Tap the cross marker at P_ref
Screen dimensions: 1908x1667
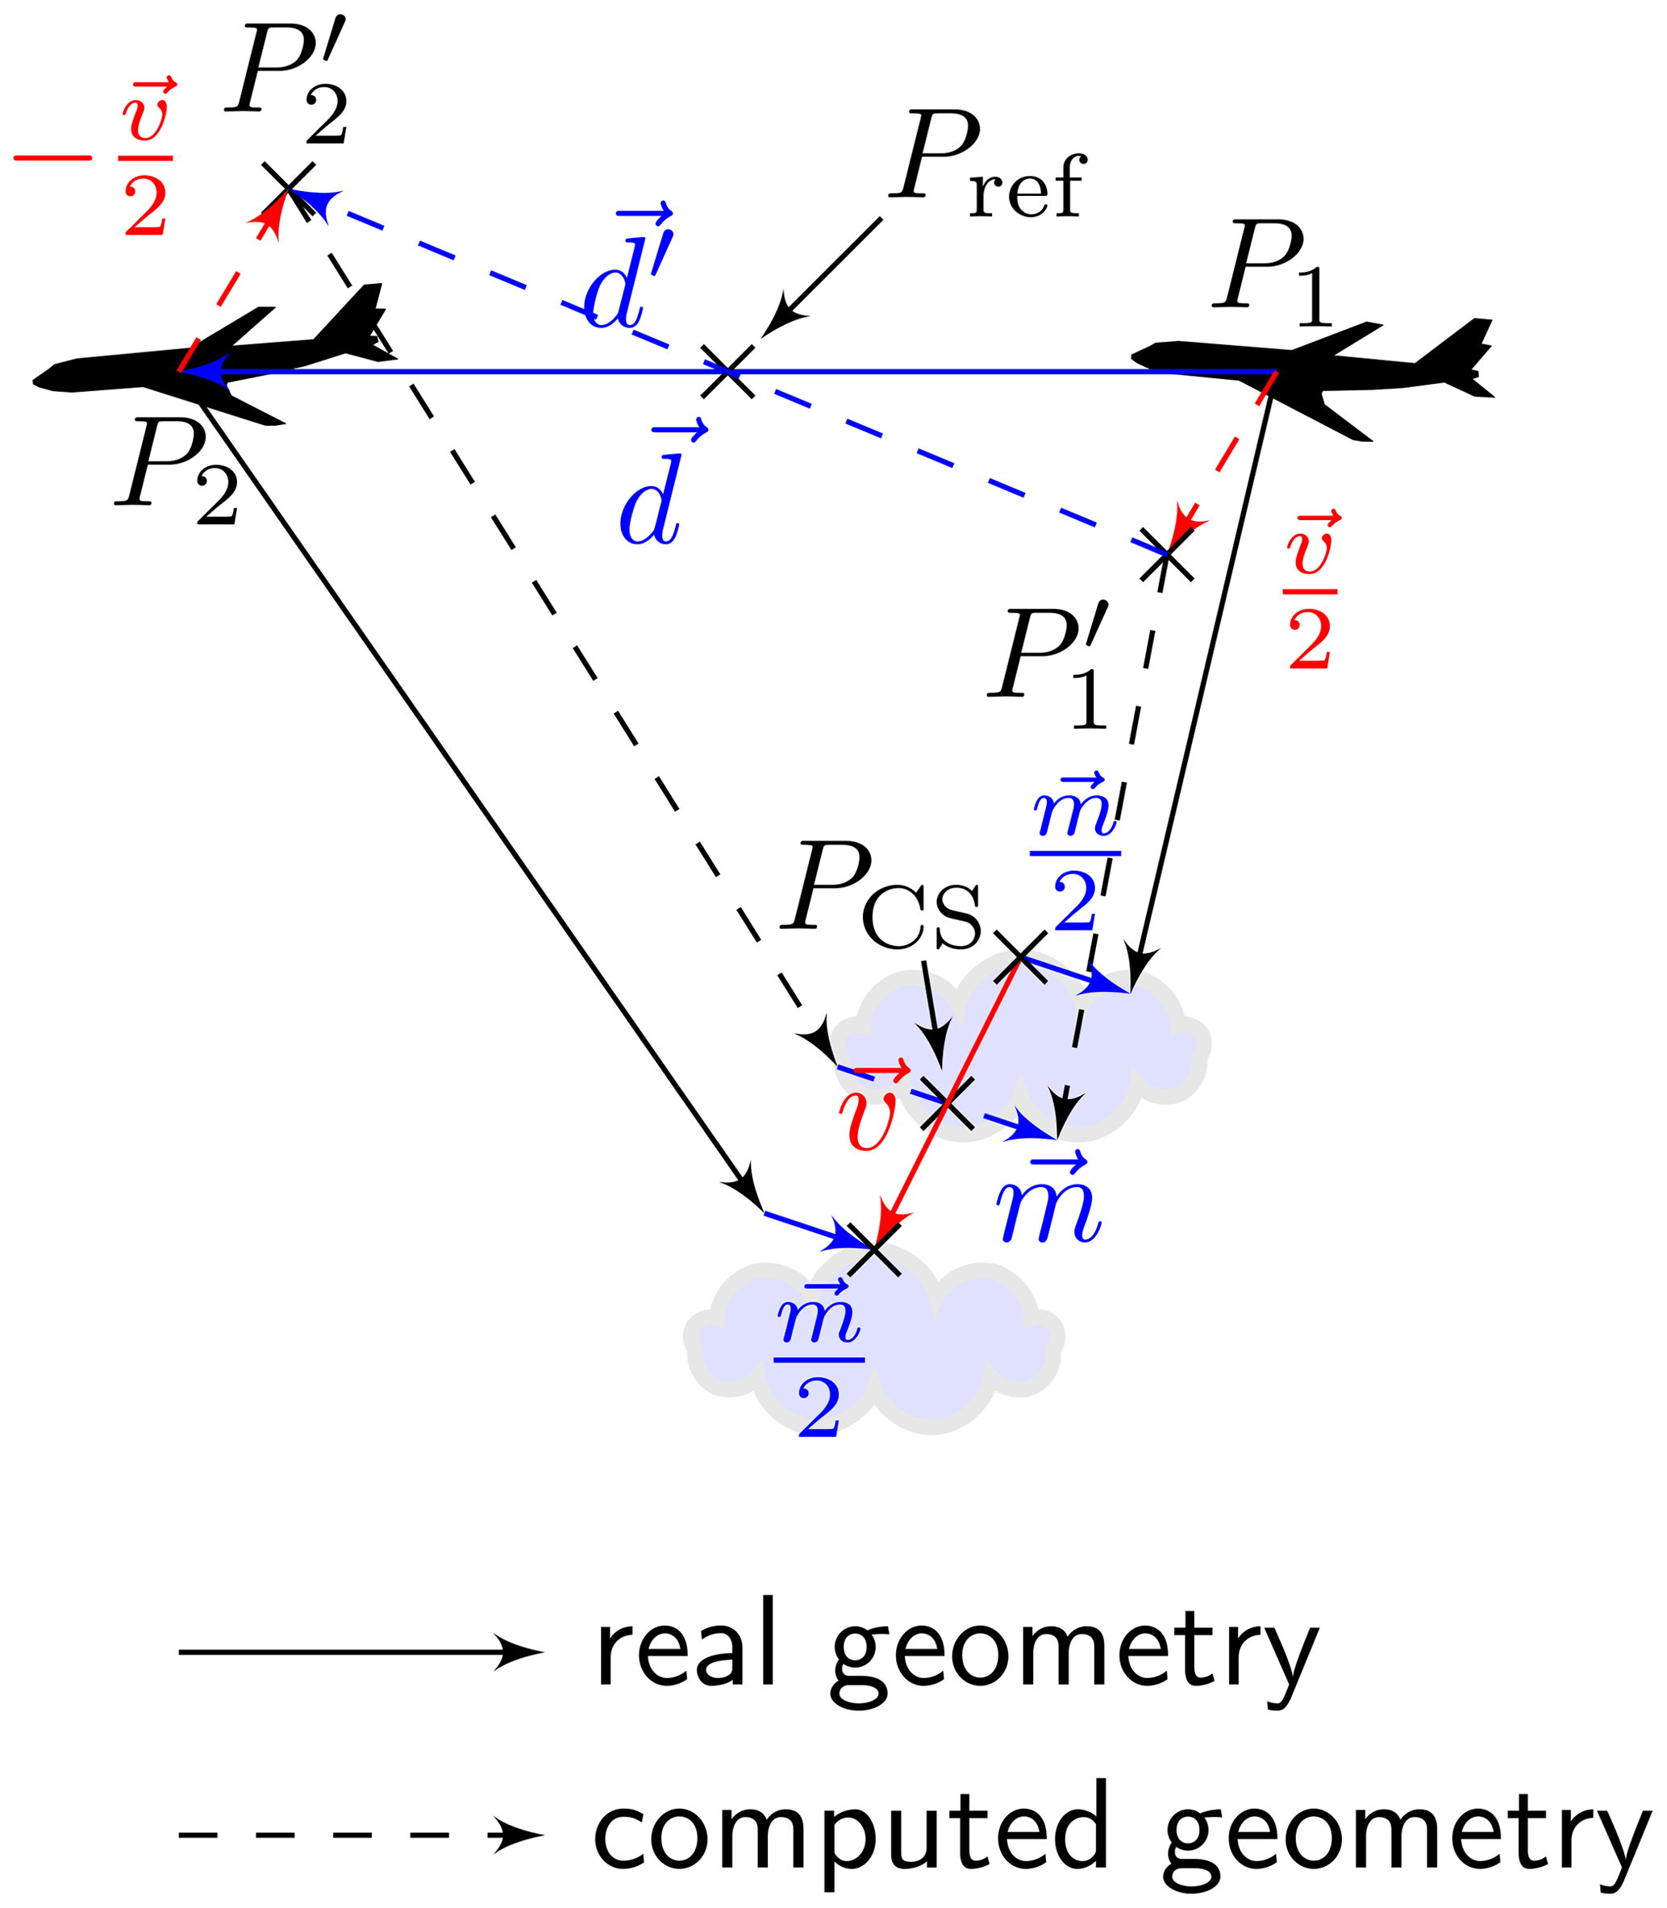[727, 371]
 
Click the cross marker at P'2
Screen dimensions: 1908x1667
[289, 189]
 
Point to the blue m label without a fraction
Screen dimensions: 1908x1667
[1048, 1201]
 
